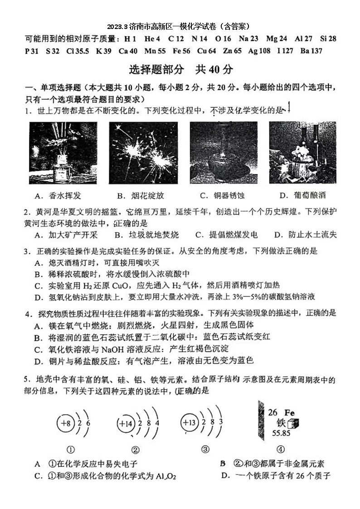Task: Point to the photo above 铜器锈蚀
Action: tap(218, 153)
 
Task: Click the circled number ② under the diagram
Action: tap(135, 450)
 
